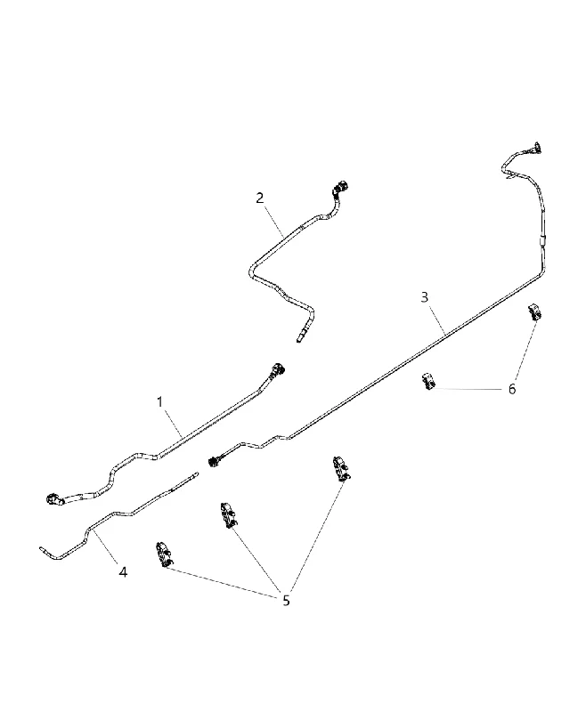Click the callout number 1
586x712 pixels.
click(x=159, y=402)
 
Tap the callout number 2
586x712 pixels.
click(x=259, y=198)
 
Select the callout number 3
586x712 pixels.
click(x=424, y=297)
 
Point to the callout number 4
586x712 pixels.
click(x=123, y=571)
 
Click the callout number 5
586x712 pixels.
click(x=286, y=600)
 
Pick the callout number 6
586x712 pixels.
click(x=512, y=389)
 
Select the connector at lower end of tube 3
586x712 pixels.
click(x=214, y=461)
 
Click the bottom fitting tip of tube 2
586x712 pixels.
click(x=299, y=339)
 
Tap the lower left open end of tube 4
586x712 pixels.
click(x=42, y=548)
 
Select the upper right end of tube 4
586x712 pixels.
click(x=196, y=473)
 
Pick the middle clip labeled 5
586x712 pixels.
click(x=228, y=515)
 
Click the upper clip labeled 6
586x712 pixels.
click(x=534, y=313)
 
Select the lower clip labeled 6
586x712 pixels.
click(x=427, y=381)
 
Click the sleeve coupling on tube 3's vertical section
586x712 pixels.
click(x=542, y=240)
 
